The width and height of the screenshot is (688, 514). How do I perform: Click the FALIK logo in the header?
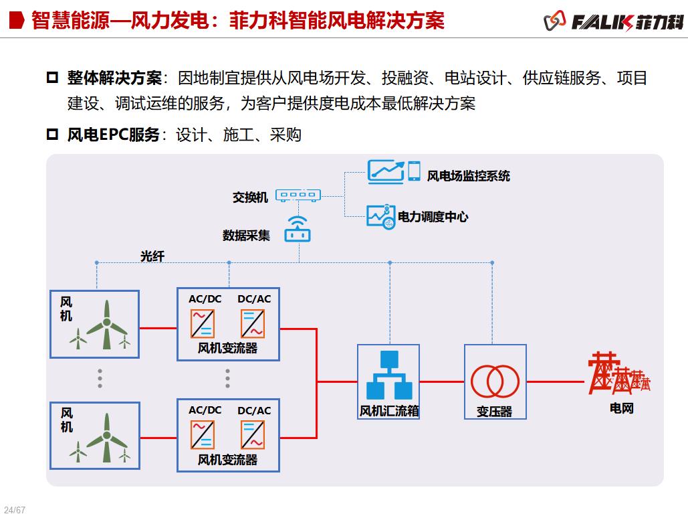tap(614, 21)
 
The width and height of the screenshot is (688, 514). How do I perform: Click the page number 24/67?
tap(14, 510)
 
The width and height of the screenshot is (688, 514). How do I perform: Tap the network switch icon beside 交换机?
tap(298, 195)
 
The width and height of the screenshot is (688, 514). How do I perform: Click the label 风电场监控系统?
tap(468, 176)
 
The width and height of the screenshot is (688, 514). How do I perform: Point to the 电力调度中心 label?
tap(433, 217)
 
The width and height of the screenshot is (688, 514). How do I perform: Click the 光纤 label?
tap(152, 256)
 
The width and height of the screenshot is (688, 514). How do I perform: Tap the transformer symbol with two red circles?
tap(495, 381)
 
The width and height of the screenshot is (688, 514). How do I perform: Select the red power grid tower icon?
tap(616, 373)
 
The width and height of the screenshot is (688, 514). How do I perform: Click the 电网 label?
tap(621, 408)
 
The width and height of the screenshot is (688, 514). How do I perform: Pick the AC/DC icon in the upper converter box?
tap(203, 324)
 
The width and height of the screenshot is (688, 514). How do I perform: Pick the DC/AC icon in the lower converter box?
tap(253, 434)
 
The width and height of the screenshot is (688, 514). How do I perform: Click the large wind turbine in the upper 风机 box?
tap(106, 325)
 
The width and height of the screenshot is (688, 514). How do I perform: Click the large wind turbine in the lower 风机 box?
tap(106, 437)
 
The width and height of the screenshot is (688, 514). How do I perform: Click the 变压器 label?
tap(494, 412)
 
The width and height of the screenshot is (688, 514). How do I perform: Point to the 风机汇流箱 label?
tap(389, 411)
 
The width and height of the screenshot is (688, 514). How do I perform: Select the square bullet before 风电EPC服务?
tap(53, 135)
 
